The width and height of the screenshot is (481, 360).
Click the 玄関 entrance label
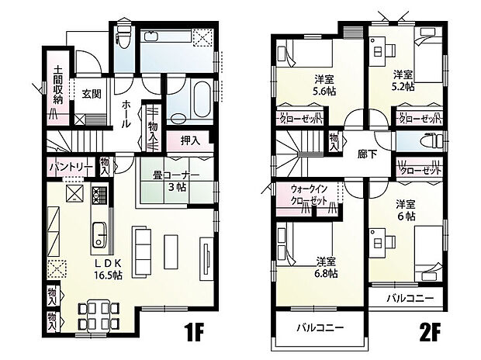tap(92, 95)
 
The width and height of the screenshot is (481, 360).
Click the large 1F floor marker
tap(193, 334)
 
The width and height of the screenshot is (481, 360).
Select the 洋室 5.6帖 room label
tap(324, 85)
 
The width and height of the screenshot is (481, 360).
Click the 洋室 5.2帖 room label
tap(401, 81)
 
